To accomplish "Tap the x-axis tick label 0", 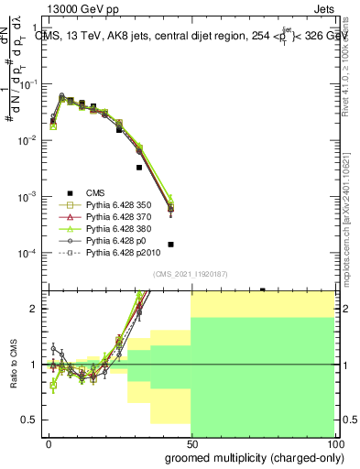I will pyautogui.click(x=49, y=442).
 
